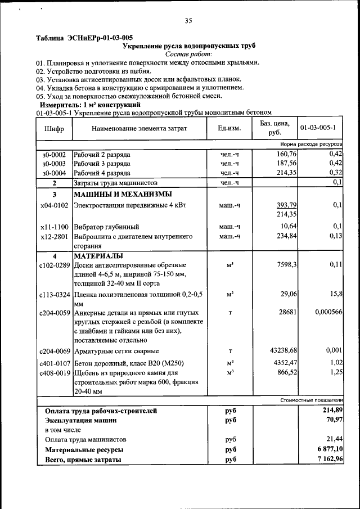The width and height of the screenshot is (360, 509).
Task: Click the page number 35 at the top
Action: pos(188,21)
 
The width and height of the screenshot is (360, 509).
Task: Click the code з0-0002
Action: pos(54,154)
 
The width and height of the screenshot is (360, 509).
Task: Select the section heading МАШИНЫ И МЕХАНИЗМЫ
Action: pos(119,194)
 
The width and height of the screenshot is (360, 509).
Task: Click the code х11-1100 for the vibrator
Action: pos(54,227)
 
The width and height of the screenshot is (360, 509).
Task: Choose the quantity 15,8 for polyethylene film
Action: pos(336,294)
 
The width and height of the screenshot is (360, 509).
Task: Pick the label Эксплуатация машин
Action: pos(81,420)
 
